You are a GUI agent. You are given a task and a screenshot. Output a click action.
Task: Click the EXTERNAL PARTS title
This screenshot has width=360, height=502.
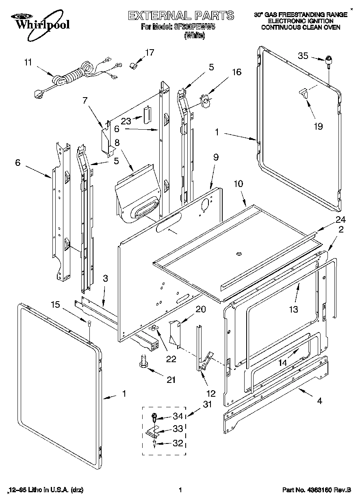(181, 15)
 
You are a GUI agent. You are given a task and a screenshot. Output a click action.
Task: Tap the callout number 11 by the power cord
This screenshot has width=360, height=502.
(28, 62)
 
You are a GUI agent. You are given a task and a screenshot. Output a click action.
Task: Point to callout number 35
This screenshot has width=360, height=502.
(303, 56)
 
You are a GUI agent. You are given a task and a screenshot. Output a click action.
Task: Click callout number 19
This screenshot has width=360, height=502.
(318, 126)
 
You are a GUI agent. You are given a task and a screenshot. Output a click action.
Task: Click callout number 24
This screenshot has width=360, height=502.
(340, 220)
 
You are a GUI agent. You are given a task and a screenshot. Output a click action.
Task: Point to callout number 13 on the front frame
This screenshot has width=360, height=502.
(293, 309)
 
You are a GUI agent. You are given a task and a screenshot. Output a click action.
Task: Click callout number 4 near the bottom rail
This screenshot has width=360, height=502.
(320, 401)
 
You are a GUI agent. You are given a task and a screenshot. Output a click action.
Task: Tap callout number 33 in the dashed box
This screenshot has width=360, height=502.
(178, 429)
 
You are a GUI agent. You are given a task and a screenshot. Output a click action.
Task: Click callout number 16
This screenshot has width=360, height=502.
(236, 72)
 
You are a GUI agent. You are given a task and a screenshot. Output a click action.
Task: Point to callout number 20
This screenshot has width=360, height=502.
(200, 309)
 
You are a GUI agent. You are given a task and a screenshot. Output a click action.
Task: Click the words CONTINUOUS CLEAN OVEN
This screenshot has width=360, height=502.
(301, 28)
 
